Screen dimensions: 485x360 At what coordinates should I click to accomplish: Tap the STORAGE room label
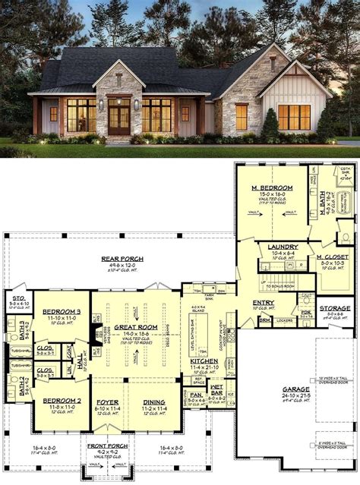coord(334,307)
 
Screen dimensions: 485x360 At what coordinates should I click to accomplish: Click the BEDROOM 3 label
coord(62,312)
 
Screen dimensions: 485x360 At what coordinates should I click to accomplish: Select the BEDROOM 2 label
coord(61,400)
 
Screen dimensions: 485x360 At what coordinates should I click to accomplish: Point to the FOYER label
coord(106,402)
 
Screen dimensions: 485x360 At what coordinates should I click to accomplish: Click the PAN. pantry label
coord(196,395)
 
